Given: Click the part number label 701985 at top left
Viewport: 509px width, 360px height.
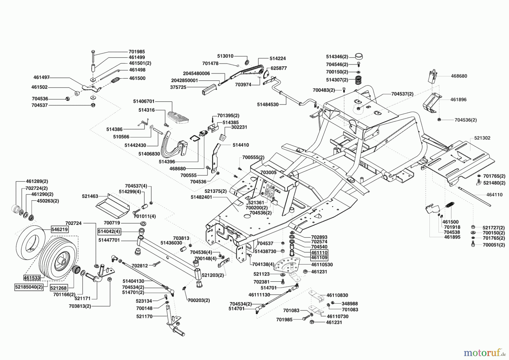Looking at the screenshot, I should click(x=137, y=52).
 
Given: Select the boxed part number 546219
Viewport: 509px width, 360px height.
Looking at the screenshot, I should click(x=60, y=229).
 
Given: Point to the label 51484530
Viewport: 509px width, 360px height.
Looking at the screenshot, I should click(x=268, y=104).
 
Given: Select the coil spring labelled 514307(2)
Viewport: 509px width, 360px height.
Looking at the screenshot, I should click(x=358, y=80).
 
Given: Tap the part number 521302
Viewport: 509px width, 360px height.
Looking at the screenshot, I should click(x=482, y=138).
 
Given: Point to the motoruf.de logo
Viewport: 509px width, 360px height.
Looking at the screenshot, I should click(x=484, y=352).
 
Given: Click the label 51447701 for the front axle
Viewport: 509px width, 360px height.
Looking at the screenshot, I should click(x=109, y=240).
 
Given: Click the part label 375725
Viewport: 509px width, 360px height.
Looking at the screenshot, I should click(x=178, y=87).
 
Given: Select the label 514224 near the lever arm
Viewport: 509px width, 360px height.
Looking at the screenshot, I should click(x=277, y=58).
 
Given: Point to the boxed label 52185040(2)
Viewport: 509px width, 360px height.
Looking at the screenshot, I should click(x=29, y=287).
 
